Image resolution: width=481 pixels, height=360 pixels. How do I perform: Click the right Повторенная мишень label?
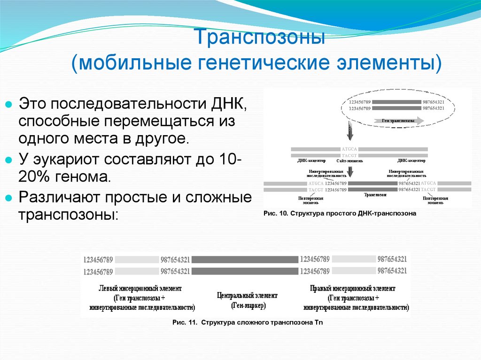[x=435, y=200]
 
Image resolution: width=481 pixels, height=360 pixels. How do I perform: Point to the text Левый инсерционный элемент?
[x=140, y=288]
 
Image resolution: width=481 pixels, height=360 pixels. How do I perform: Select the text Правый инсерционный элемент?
[x=353, y=288]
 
